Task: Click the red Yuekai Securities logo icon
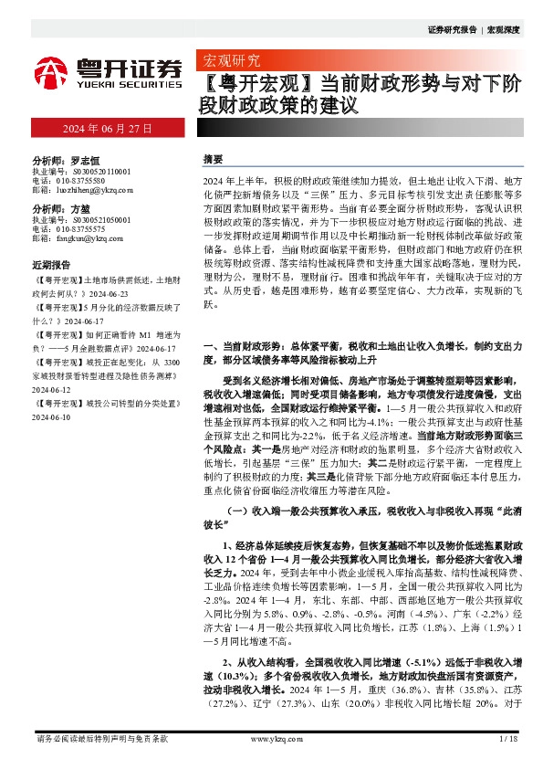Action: point(49,70)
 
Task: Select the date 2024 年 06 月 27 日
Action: point(106,128)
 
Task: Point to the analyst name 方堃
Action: point(80,208)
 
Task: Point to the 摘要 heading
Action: point(212,158)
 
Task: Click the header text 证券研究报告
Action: point(452,30)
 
